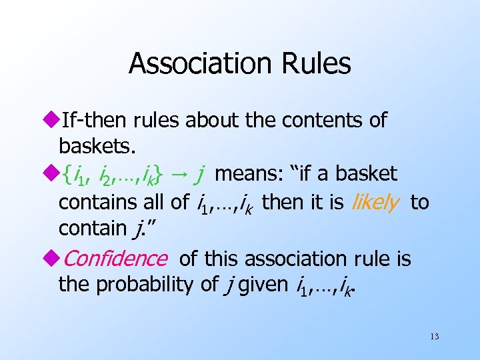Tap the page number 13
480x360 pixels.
[x=434, y=337]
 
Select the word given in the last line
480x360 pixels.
[x=257, y=285]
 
